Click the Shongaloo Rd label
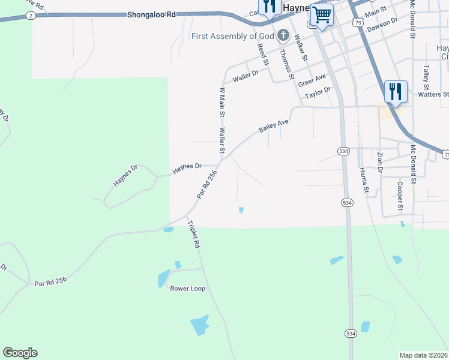click(x=152, y=14)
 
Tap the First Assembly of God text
click(x=233, y=36)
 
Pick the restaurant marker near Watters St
click(x=396, y=91)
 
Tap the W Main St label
click(x=222, y=102)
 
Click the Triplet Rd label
click(x=193, y=235)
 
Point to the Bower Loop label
click(x=188, y=289)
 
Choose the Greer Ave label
click(x=312, y=79)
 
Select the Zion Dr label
click(x=380, y=162)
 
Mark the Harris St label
click(x=363, y=180)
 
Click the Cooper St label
click(x=400, y=196)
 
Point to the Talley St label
click(x=427, y=77)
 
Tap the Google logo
click(x=20, y=353)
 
